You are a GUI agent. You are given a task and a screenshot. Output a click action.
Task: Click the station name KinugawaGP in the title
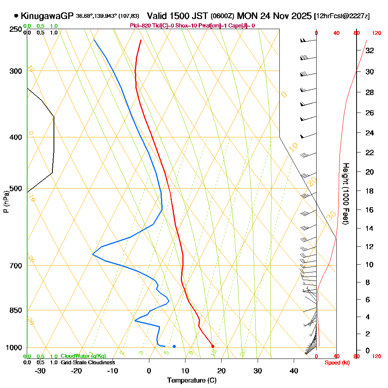click(47, 16)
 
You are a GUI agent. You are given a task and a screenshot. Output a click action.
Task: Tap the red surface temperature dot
click(213, 346)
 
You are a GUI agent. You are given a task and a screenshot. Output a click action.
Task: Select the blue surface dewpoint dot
click(174, 346)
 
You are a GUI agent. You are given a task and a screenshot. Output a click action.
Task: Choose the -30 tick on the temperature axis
click(40, 371)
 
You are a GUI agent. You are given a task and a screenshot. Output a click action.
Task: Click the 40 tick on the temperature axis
click(294, 371)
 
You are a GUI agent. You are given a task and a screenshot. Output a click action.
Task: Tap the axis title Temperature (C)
click(192, 381)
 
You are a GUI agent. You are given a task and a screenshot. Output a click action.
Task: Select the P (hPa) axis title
click(6, 201)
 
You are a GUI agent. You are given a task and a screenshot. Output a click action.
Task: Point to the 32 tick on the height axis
click(370, 50)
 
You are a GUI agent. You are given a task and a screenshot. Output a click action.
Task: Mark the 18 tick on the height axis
click(370, 191)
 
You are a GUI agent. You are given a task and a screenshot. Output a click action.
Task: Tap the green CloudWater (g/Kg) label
click(83, 356)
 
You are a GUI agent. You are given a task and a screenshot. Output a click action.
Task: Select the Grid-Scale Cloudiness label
click(88, 362)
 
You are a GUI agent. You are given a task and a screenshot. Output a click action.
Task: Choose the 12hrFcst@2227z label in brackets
click(342, 16)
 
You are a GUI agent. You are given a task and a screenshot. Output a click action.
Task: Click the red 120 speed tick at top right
click(376, 33)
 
